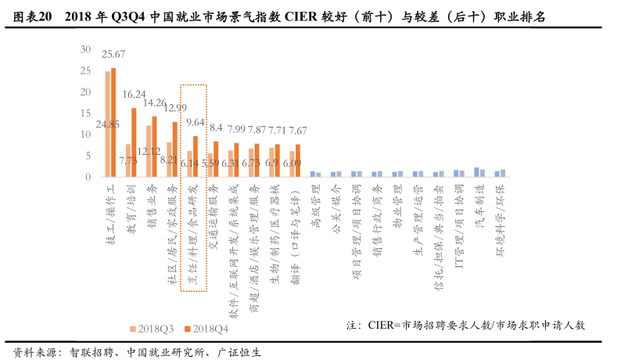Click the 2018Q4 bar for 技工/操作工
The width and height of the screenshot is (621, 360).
pos(113,123)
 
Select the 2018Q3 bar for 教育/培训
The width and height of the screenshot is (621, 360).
pos(128,160)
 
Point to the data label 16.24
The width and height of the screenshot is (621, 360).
pos(134,94)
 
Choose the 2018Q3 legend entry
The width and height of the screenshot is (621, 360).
pos(154,329)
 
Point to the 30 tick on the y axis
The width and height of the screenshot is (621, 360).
pos(85,49)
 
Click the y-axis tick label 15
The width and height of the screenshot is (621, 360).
pos(85,113)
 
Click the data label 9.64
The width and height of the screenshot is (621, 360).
pos(195,122)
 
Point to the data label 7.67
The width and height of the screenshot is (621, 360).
pos(297,130)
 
